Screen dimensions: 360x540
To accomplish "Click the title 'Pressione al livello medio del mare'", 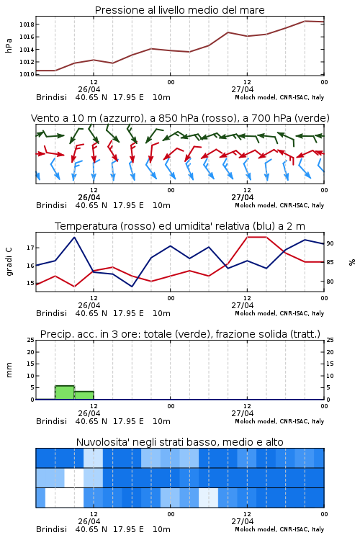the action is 179,10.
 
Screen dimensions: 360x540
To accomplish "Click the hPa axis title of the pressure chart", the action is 9,45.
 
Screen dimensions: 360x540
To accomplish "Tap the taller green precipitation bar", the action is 65,392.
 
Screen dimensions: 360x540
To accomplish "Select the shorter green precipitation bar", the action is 84,395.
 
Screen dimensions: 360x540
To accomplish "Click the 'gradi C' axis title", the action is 9,261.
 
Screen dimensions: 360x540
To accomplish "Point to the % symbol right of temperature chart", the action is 352,262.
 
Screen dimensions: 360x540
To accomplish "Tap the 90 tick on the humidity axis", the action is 330,243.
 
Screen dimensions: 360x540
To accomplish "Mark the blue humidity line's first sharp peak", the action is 74,238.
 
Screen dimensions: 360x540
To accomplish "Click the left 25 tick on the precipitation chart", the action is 31,340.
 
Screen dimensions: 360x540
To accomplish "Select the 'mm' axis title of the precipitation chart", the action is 9,370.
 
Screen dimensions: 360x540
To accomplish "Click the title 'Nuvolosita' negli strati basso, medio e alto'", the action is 179,442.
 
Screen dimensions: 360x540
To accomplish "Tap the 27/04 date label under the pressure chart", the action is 243,89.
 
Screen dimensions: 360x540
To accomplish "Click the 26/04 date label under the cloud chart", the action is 89,521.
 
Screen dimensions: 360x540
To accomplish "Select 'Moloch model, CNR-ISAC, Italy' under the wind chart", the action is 279,205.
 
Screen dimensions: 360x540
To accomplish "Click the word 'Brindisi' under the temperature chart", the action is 51,313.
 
